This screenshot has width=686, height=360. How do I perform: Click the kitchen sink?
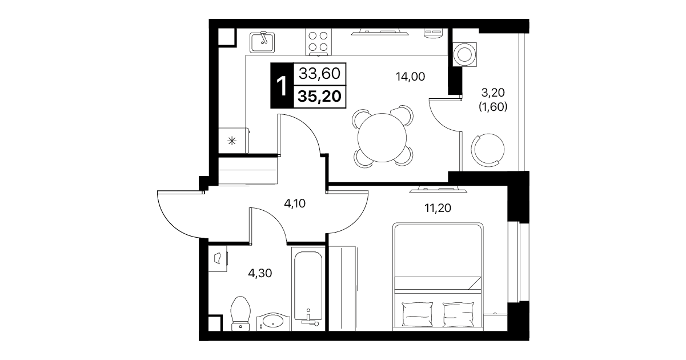(x=262, y=42)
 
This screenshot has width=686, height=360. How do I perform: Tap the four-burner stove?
(x=318, y=42)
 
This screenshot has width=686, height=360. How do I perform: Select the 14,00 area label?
(x=410, y=77)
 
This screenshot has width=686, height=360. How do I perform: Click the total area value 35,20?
(x=319, y=97)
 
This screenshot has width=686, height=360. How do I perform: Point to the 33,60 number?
(x=319, y=74)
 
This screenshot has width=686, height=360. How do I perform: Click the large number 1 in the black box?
(x=282, y=86)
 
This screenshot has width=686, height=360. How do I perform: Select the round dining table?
(x=382, y=138)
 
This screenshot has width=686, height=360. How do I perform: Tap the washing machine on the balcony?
(x=464, y=54)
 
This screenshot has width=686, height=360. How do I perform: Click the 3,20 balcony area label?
(x=493, y=92)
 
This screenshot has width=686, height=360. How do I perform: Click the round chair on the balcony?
(x=488, y=150)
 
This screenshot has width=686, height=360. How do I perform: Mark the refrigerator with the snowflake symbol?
(x=234, y=141)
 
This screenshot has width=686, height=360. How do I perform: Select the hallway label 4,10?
(x=295, y=203)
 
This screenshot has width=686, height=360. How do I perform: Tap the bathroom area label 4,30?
(x=260, y=273)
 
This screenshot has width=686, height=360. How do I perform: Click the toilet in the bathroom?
(x=240, y=314)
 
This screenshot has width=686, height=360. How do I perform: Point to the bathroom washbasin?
(x=273, y=322)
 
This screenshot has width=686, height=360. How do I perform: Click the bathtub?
(x=308, y=289)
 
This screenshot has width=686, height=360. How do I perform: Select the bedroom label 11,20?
(x=438, y=209)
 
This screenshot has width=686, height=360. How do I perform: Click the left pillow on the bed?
(x=417, y=314)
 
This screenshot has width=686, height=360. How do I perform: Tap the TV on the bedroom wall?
(x=438, y=189)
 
